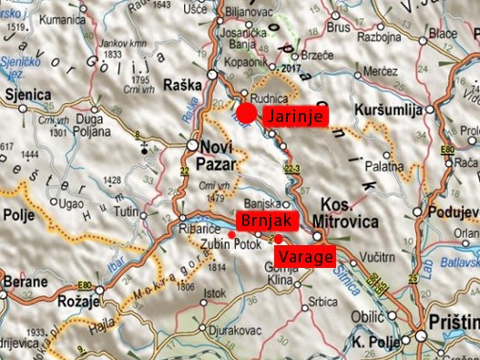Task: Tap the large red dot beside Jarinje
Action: (247, 113)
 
